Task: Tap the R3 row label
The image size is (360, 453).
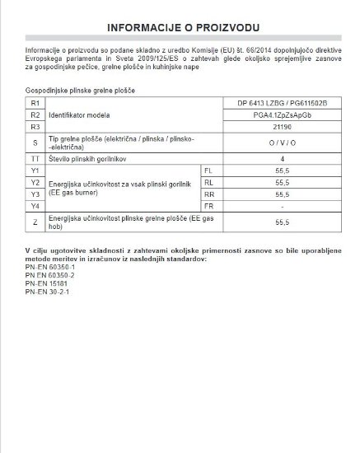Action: click(x=34, y=128)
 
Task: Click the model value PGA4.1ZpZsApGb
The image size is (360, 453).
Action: click(x=283, y=116)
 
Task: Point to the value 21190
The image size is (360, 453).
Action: click(x=283, y=128)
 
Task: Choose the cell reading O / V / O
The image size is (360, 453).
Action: click(x=283, y=143)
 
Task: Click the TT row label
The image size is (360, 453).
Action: click(x=34, y=157)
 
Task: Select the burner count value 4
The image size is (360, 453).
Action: click(x=283, y=157)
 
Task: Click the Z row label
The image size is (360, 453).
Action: click(x=34, y=221)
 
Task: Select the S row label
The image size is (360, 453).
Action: click(x=34, y=143)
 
